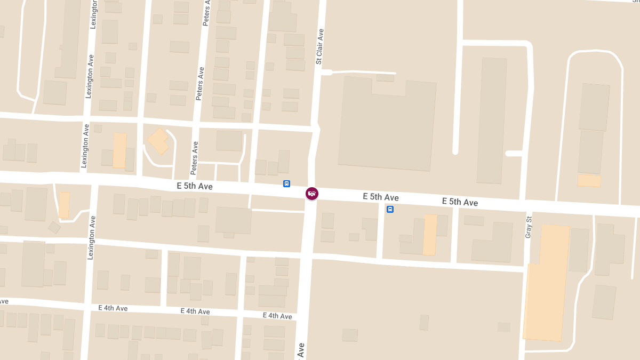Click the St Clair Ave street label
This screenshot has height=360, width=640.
[320, 47]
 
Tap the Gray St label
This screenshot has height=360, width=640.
[529, 227]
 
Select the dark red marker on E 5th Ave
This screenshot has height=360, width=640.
[312, 193]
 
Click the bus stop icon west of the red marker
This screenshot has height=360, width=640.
[286, 183]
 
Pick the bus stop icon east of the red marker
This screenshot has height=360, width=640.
[390, 209]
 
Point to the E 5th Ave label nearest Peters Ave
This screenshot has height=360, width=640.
[195, 186]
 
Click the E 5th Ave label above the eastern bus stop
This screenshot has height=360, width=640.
[381, 197]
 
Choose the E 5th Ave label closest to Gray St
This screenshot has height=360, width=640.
[460, 202]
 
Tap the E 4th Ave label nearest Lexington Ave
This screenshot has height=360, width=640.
[113, 308]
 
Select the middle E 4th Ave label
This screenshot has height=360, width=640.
[195, 311]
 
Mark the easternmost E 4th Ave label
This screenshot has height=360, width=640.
[277, 316]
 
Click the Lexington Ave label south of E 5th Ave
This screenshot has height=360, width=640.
[91, 237]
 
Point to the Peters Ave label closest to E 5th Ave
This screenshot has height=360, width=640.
[195, 158]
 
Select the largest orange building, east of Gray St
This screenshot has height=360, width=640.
[546, 283]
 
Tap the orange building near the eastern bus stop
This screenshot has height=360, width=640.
[430, 235]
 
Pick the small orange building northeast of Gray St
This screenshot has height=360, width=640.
[589, 181]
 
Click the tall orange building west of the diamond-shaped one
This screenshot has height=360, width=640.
[119, 150]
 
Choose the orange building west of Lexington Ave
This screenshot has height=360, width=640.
[64, 205]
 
